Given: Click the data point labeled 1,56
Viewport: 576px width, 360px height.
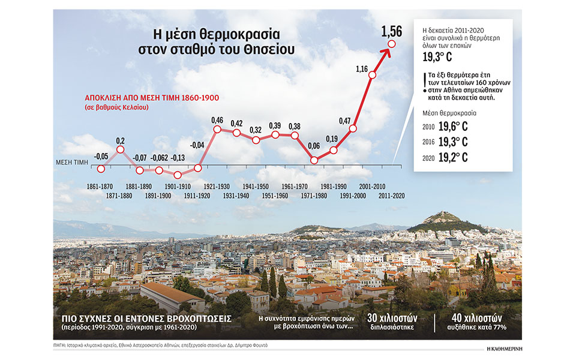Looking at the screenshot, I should coord(392,44).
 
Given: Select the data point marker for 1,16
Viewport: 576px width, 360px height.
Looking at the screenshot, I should coord(372,76).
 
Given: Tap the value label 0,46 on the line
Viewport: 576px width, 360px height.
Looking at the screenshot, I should coord(217,120).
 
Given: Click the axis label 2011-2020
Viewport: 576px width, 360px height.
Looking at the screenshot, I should coord(392,196).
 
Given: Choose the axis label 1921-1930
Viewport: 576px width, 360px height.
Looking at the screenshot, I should coord(218,187).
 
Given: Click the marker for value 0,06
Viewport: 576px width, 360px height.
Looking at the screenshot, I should coord(314,160).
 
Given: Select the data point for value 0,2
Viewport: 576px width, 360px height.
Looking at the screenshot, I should coord(120,149).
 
